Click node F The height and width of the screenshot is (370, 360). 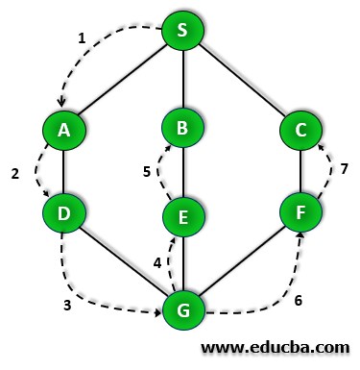click(x=300, y=210)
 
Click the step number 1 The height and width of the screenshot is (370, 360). click(x=83, y=38)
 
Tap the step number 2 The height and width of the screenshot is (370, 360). click(x=15, y=174)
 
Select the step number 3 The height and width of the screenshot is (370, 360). click(x=67, y=307)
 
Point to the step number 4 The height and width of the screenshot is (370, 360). click(x=158, y=261)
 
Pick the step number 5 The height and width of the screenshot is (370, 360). click(x=147, y=172)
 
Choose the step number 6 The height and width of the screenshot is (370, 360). click(x=299, y=300)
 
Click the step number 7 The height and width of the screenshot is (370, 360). click(x=345, y=169)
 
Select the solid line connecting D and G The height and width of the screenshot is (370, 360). click(x=123, y=261)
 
